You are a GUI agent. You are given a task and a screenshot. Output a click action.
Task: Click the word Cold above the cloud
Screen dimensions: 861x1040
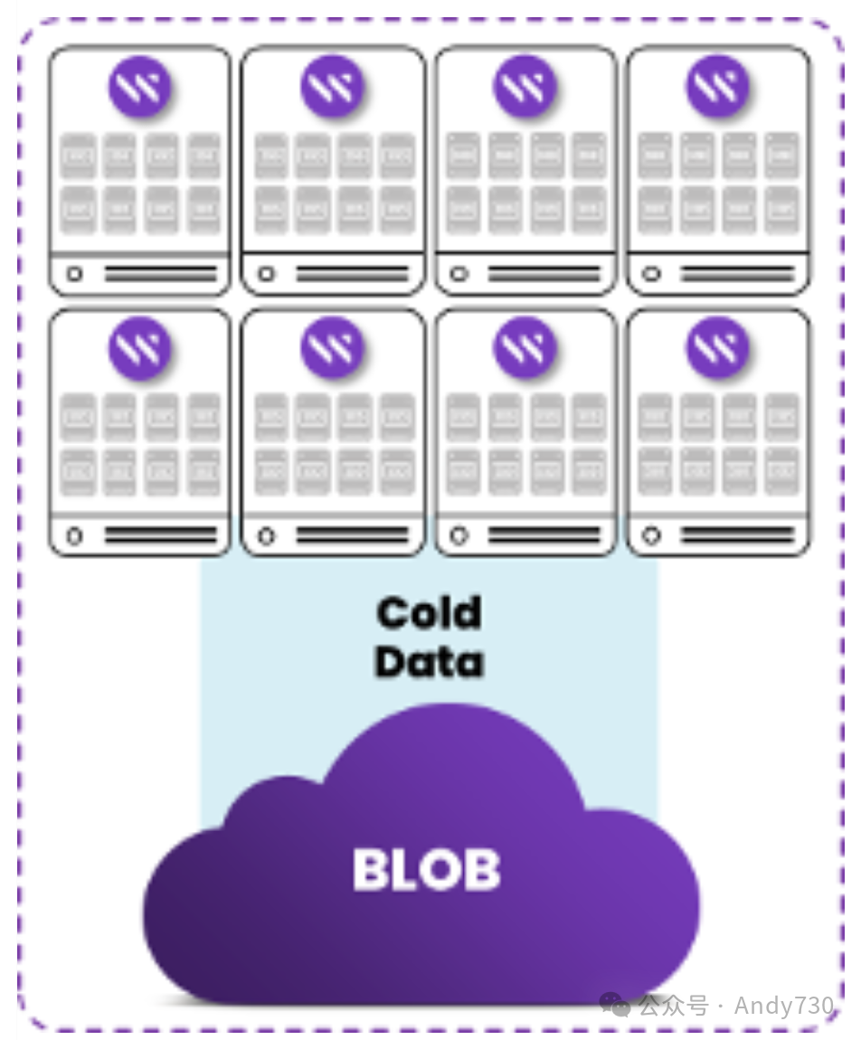point(429,615)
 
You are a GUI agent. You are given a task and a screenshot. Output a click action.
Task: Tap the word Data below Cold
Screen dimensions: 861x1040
point(429,662)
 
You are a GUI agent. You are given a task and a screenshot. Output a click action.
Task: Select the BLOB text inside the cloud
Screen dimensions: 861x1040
point(426,869)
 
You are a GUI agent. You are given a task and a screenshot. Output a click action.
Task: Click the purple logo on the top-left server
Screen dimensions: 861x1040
point(140,88)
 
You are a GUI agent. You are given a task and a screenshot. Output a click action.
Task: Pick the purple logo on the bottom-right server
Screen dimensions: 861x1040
point(718,348)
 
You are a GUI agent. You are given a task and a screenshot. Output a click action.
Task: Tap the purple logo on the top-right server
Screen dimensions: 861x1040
point(718,88)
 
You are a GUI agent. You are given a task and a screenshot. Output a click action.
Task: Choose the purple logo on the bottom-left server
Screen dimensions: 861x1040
point(140,348)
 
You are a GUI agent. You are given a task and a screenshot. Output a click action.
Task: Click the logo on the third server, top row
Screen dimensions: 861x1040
point(525,88)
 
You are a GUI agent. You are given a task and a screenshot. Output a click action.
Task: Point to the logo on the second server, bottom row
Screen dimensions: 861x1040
point(333,348)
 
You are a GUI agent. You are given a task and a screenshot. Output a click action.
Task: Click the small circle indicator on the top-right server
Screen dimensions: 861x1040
point(651,273)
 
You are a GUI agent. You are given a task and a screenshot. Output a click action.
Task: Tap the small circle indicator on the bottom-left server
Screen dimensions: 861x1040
point(74,535)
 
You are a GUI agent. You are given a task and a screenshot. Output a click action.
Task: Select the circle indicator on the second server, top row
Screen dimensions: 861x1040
point(266,273)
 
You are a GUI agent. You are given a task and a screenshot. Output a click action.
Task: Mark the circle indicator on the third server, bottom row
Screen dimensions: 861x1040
point(459,535)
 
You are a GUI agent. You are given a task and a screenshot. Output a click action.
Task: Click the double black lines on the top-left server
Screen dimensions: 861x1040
point(161,273)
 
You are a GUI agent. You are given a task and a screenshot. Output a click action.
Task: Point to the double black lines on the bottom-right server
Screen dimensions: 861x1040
point(738,535)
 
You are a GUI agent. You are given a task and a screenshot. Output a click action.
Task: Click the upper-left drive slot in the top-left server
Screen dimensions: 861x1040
point(79,156)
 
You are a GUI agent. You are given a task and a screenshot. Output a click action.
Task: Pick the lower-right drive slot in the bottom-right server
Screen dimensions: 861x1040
point(781,470)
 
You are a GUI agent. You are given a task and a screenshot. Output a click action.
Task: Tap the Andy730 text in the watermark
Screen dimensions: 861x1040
point(784,1006)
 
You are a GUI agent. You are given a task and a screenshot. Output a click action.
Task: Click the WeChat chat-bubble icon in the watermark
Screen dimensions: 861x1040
point(616,1005)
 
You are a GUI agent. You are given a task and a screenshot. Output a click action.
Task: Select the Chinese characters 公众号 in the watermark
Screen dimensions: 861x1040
point(673,1006)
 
